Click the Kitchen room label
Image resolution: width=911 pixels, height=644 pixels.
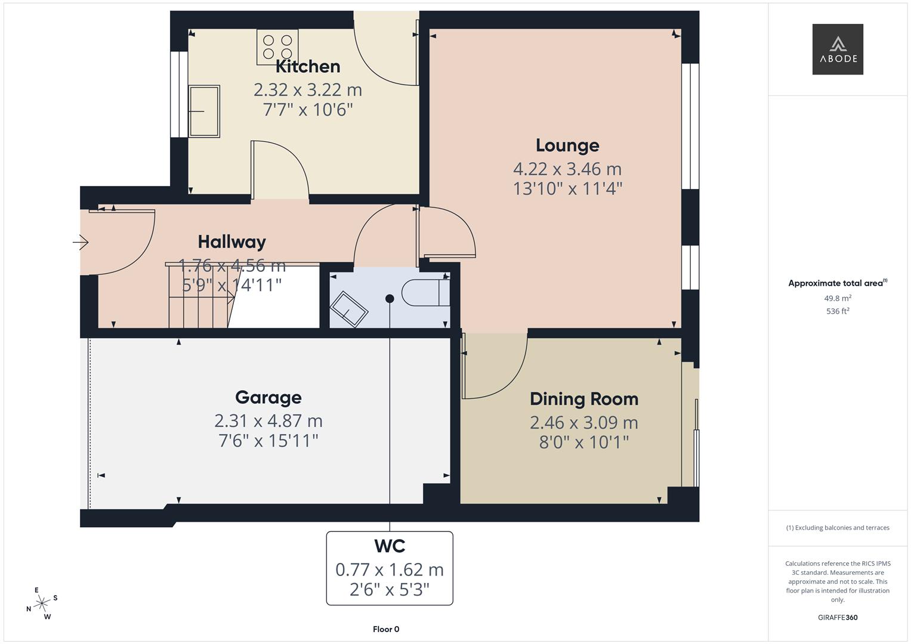(x=308, y=66)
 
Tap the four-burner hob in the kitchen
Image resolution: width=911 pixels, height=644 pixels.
(x=277, y=47)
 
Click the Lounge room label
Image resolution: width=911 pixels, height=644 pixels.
(x=567, y=145)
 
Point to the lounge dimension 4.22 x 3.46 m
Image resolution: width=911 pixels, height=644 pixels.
(x=567, y=169)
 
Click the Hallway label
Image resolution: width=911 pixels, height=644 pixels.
(x=231, y=241)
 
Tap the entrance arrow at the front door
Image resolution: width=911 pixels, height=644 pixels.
(x=81, y=242)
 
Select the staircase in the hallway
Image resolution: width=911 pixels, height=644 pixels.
(x=199, y=296)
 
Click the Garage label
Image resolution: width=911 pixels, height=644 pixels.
(x=268, y=398)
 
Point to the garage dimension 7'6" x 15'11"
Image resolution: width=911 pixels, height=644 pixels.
(x=268, y=441)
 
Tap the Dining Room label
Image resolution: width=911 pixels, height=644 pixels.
(x=583, y=399)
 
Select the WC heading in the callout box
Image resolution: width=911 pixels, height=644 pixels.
(x=390, y=546)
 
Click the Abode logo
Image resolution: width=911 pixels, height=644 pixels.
(x=838, y=49)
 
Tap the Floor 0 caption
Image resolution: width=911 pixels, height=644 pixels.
(x=386, y=629)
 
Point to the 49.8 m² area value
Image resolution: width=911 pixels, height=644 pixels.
(x=838, y=298)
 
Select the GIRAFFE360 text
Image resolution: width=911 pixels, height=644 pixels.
(x=838, y=617)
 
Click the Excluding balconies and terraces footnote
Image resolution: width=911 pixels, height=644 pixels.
(x=838, y=528)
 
